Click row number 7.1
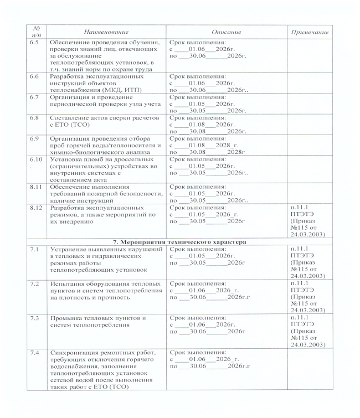[x=34, y=250]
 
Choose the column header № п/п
[x=34, y=33]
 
